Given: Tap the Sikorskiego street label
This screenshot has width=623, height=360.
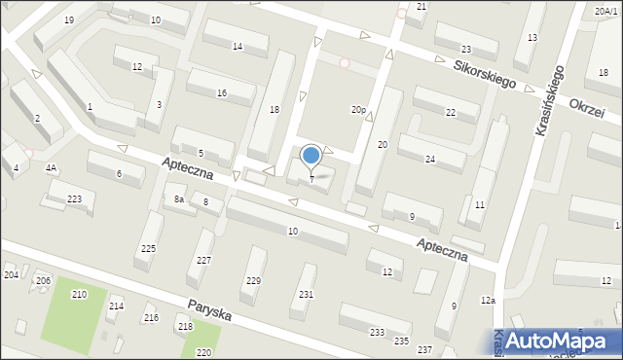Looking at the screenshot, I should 485,74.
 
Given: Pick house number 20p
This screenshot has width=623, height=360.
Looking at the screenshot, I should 358,110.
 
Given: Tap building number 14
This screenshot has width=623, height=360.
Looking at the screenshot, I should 237,47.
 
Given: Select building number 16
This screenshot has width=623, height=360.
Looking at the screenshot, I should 222,92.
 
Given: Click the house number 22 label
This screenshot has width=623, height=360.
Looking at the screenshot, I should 450,113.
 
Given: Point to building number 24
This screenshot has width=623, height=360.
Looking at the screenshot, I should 429,159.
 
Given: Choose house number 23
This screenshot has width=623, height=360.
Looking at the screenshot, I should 465,49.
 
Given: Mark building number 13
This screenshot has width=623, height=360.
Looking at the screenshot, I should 531,37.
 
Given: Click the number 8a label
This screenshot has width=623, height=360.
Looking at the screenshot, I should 179,199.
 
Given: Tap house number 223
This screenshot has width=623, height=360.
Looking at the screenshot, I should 74,198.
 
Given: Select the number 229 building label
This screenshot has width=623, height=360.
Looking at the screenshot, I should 253,280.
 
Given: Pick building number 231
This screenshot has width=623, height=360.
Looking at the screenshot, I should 306,294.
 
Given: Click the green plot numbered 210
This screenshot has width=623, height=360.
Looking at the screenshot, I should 79,294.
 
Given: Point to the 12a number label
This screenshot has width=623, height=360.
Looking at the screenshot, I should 487,301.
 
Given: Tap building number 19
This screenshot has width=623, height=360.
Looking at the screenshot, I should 68,20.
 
